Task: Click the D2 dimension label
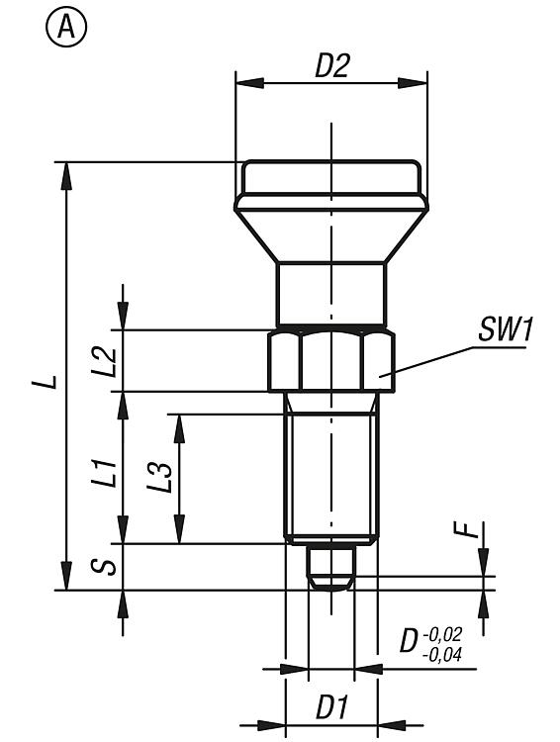[331, 65]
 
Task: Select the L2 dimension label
[104, 362]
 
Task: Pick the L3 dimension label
[159, 477]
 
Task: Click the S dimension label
[104, 567]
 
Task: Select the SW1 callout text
[506, 329]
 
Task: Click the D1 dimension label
[331, 707]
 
